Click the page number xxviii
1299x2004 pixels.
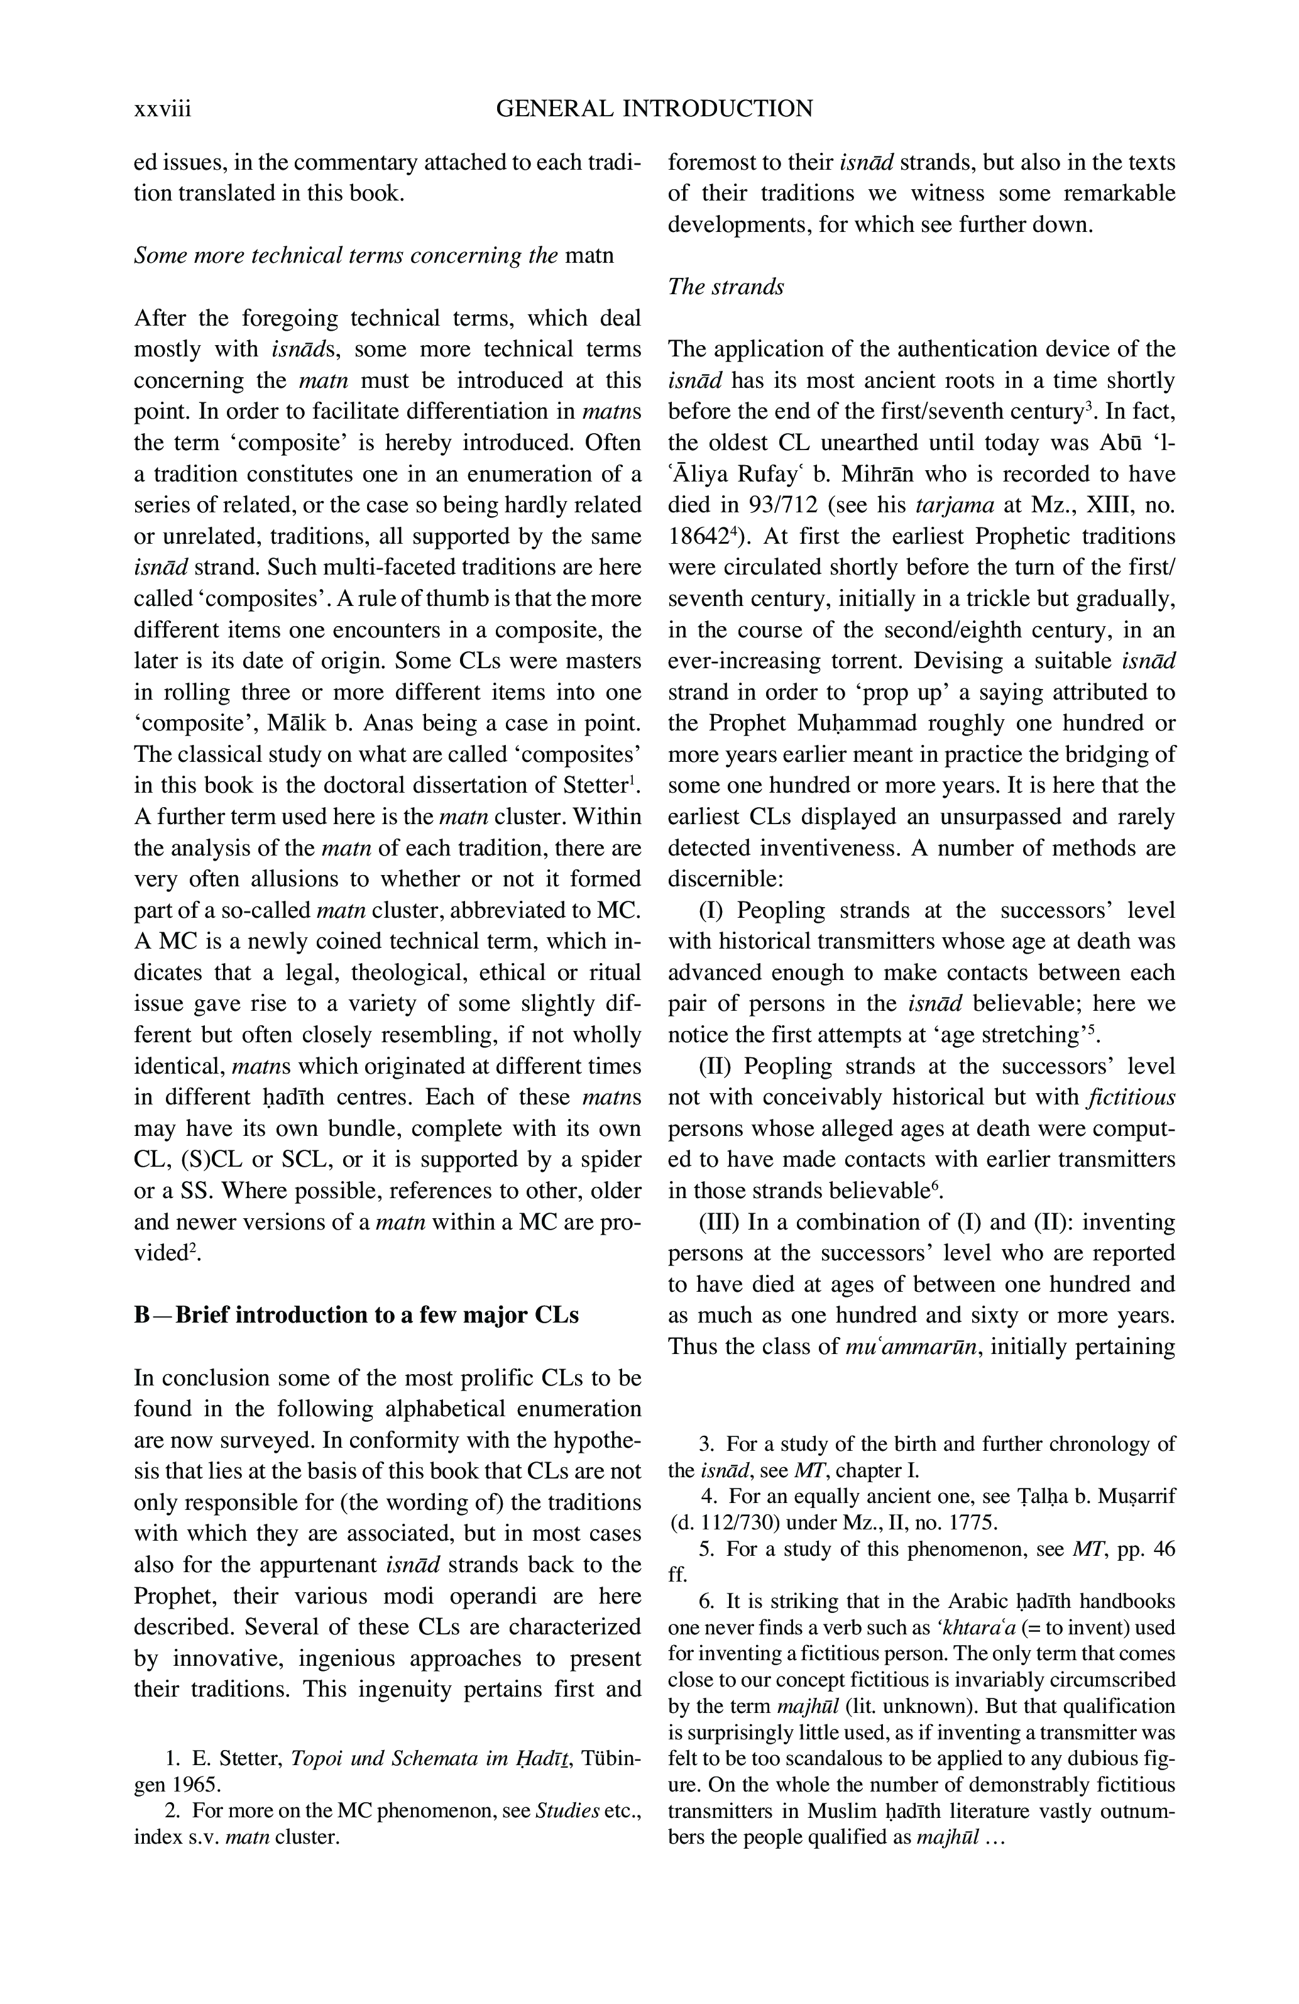(163, 109)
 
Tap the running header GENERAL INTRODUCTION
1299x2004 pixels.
(654, 109)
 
